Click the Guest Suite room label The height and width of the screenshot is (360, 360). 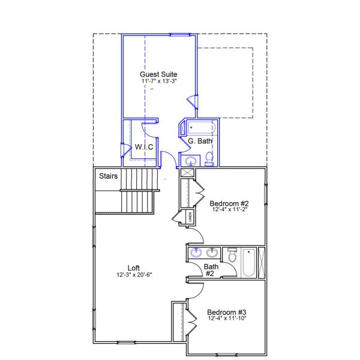point(159,73)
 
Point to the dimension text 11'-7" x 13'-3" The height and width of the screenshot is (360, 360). point(159,80)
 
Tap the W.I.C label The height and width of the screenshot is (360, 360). point(145,146)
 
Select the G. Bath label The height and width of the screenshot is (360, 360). point(200,142)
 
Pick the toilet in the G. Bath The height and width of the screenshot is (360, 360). point(209,158)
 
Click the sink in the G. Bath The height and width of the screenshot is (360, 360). point(191,161)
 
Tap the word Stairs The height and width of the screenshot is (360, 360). point(108,176)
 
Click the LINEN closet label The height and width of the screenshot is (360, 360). point(190,217)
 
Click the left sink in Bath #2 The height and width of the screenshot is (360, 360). point(197,253)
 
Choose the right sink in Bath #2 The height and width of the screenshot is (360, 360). point(211,253)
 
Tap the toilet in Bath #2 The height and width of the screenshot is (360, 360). point(232,256)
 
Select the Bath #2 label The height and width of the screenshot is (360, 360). point(211,270)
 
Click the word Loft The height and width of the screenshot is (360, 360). point(135,268)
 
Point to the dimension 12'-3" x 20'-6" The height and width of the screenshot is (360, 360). point(135,275)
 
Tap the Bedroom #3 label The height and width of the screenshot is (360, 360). point(227,312)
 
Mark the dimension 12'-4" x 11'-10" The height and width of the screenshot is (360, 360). point(227,319)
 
